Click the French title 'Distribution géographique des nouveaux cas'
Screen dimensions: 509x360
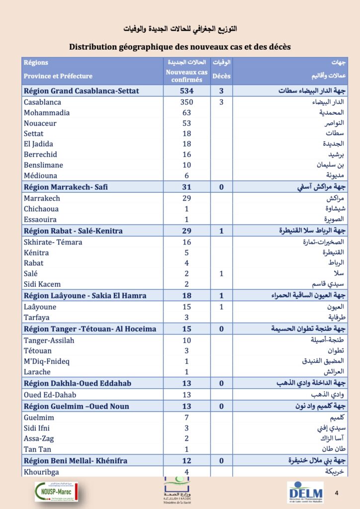click(x=180, y=47)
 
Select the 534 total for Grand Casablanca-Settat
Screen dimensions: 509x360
click(x=186, y=91)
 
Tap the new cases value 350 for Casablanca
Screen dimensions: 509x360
click(x=186, y=102)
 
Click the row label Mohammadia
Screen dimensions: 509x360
click(x=47, y=113)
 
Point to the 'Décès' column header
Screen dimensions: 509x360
click(x=221, y=76)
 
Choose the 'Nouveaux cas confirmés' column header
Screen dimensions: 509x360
click(x=186, y=76)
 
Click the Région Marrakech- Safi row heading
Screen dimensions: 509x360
click(x=66, y=187)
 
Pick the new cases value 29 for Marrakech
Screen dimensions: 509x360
click(x=186, y=198)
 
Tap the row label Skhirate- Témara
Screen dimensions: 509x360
click(x=53, y=242)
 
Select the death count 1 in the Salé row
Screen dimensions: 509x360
click(x=221, y=273)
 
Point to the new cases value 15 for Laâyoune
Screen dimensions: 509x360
click(x=186, y=307)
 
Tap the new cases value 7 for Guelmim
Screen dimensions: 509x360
click(x=186, y=418)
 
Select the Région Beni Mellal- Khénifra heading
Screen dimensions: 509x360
click(x=76, y=461)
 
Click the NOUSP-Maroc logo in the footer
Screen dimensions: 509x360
click(x=57, y=491)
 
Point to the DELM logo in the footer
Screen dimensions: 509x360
click(x=304, y=492)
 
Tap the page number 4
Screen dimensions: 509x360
click(x=337, y=493)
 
